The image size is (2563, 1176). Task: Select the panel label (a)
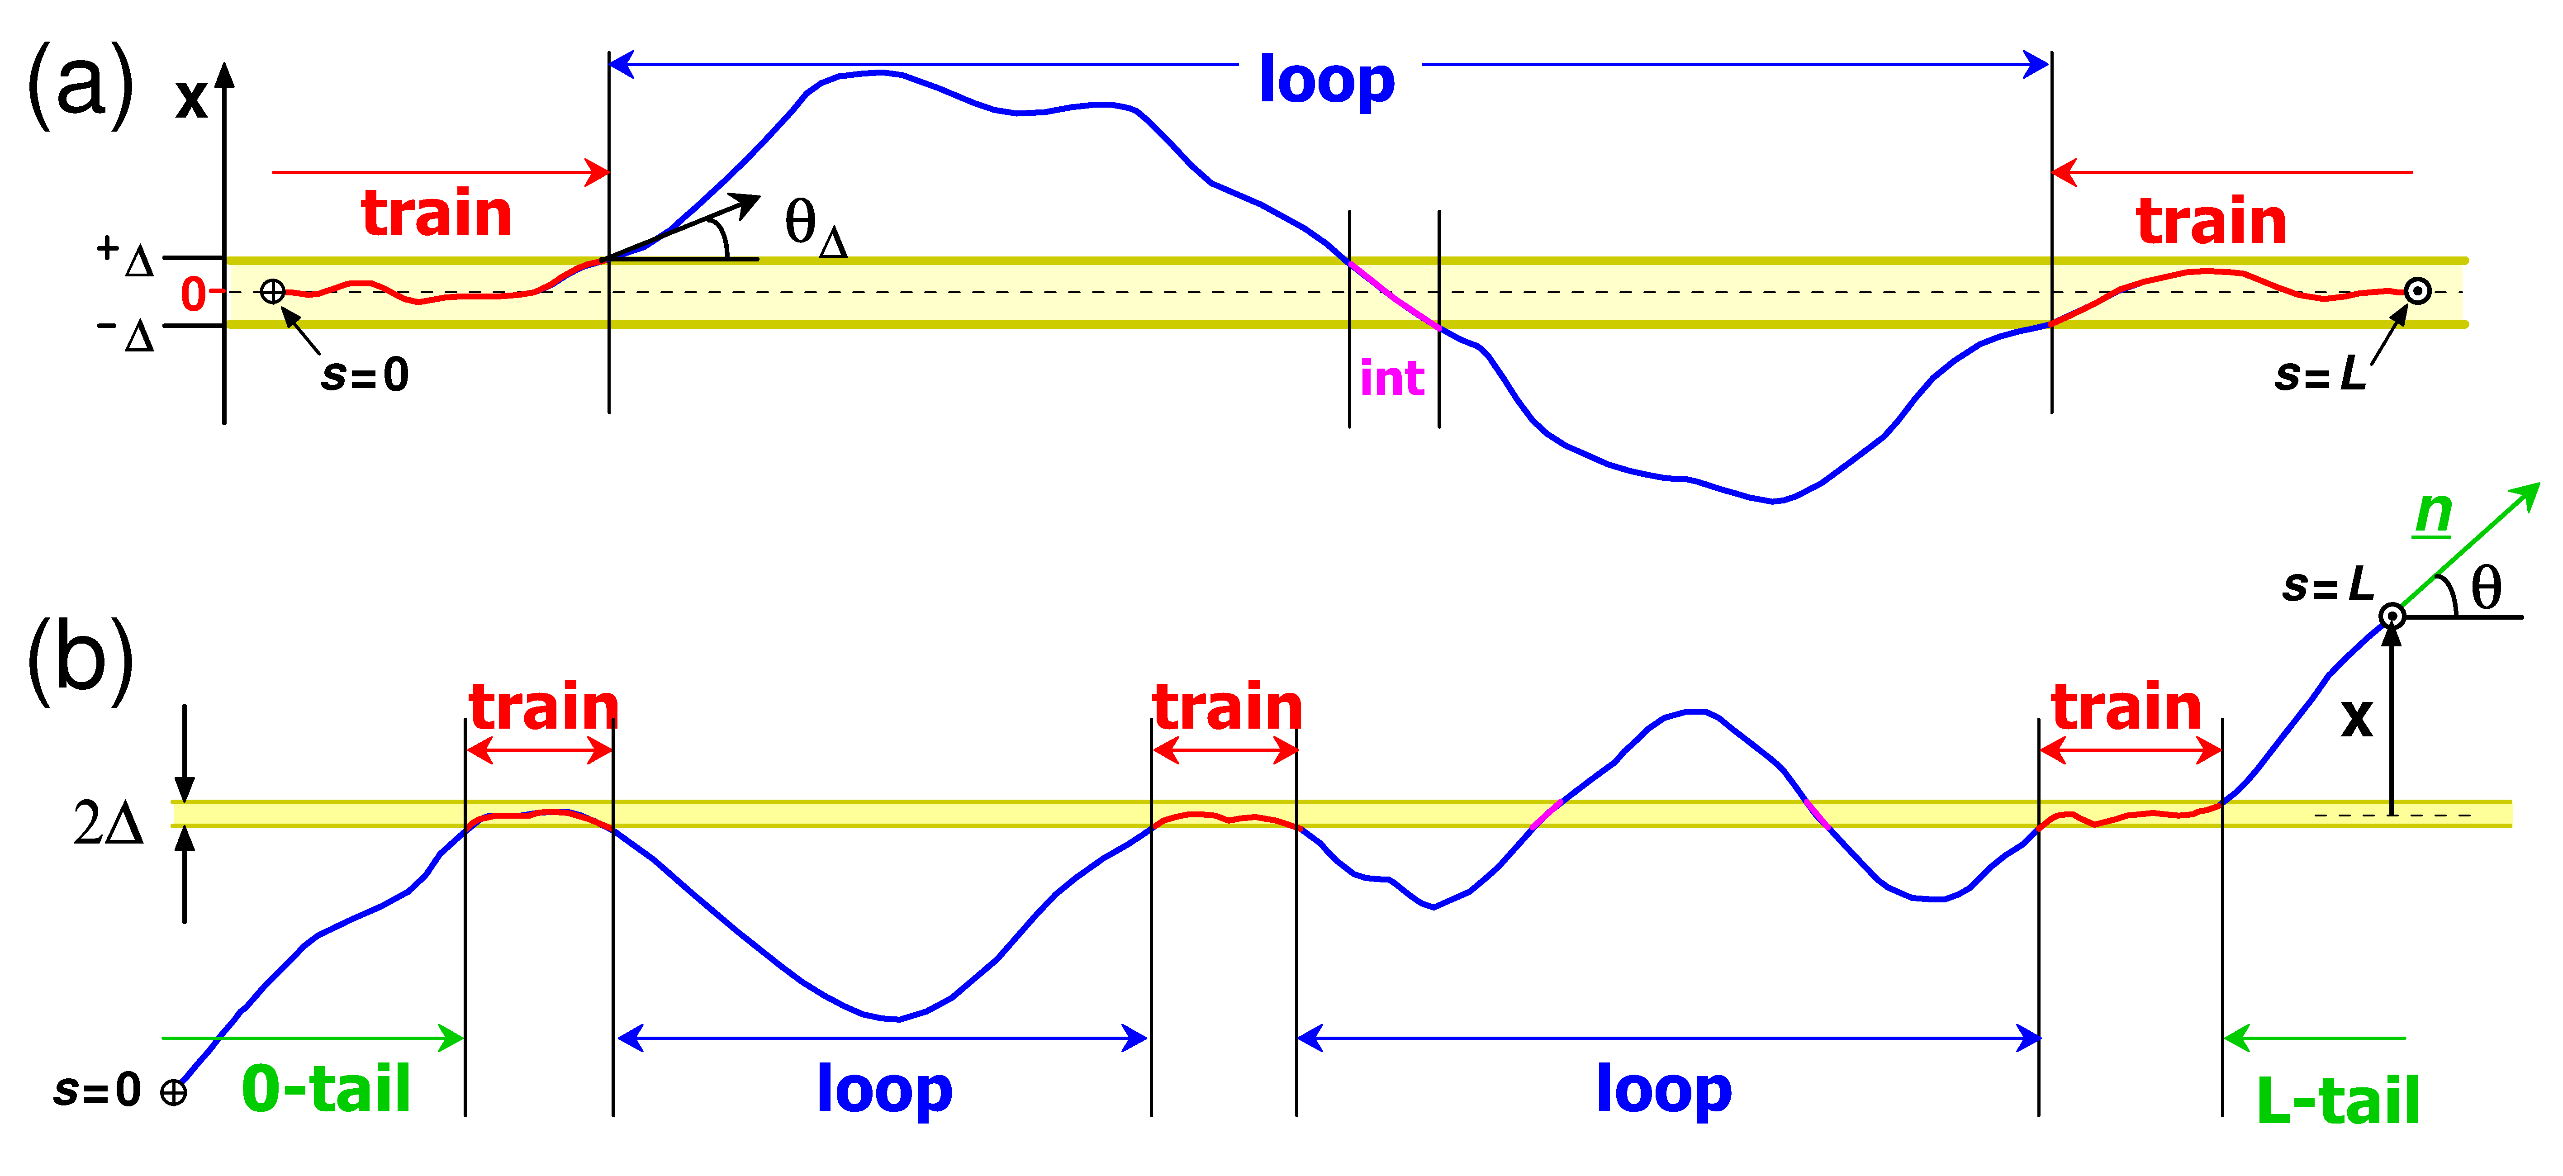[x=80, y=85]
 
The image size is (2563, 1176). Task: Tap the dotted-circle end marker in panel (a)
[x=2418, y=292]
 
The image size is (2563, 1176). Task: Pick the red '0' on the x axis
[x=193, y=294]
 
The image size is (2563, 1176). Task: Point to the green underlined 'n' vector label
[x=2434, y=513]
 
